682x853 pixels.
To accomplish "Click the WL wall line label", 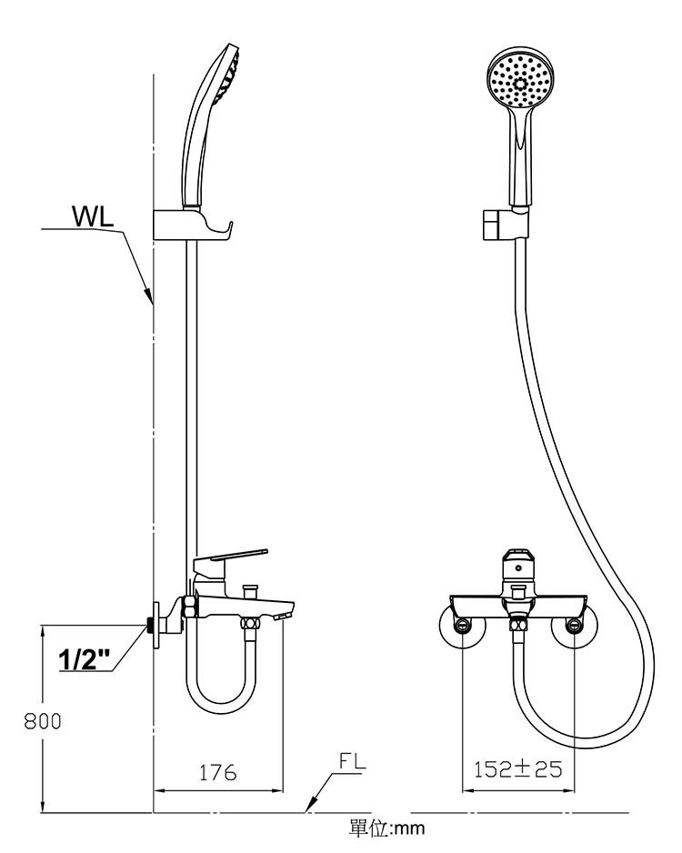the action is pyautogui.click(x=93, y=216).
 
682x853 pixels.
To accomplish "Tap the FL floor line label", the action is pyautogui.click(x=352, y=761).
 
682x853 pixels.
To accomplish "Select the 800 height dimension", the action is pyautogui.click(x=43, y=721).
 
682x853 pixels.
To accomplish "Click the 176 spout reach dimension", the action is pyautogui.click(x=217, y=772).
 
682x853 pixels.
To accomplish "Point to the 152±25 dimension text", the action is pyautogui.click(x=517, y=769).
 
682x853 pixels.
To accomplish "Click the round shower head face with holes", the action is pyautogui.click(x=519, y=79).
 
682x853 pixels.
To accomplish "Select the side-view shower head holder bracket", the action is pyautogui.click(x=193, y=225).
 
